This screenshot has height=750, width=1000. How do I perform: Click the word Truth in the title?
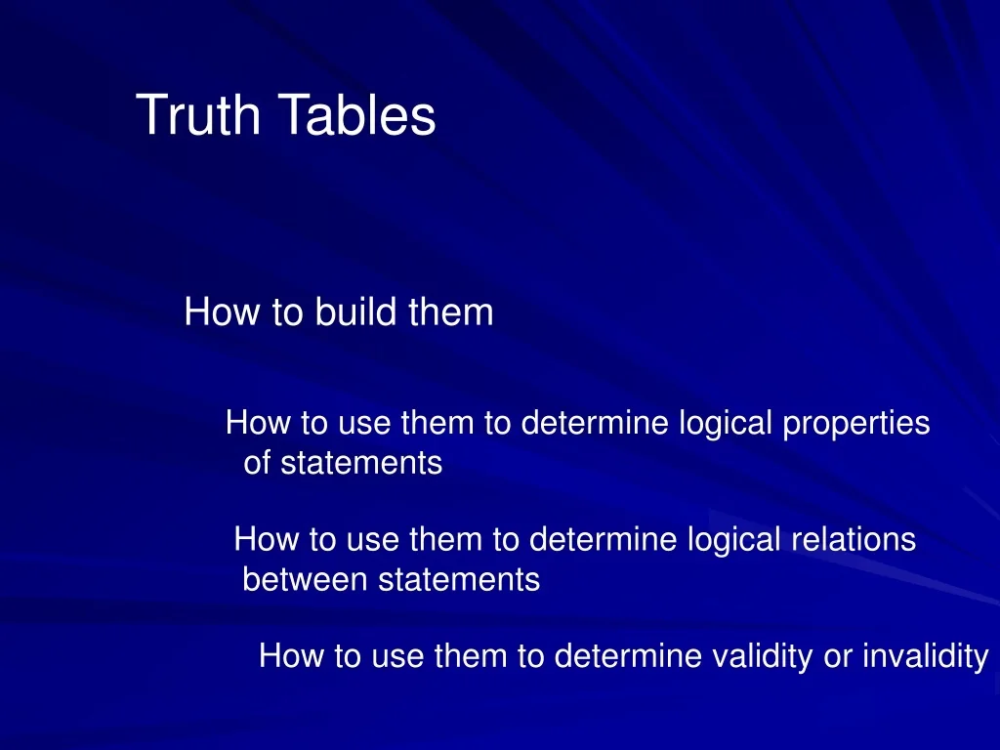(199, 116)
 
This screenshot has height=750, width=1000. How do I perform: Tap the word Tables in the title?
(357, 116)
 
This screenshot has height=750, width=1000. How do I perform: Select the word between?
(306, 580)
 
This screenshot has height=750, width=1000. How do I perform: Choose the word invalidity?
(925, 656)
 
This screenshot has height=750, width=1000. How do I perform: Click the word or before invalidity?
(838, 656)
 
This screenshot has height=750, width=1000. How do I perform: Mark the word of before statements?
(257, 463)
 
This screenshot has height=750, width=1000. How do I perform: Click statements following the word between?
(459, 580)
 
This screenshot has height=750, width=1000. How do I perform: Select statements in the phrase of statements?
(361, 463)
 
